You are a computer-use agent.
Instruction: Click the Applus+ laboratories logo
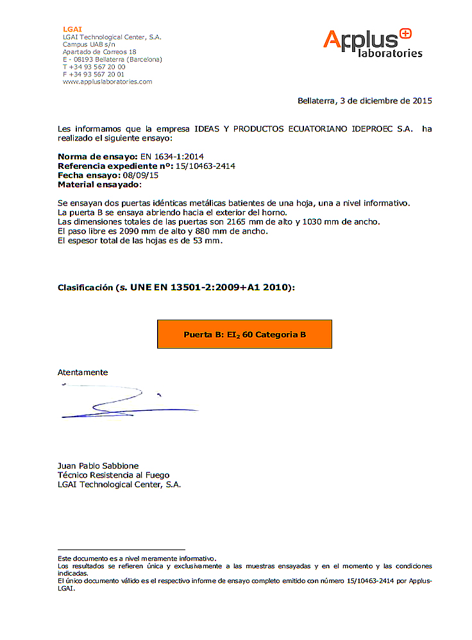point(372,43)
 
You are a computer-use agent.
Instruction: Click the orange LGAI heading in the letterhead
point(72,30)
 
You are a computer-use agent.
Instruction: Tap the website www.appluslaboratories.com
point(107,82)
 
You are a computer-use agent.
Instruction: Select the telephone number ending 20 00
point(94,67)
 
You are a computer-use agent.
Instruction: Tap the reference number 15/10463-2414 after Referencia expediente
point(205,166)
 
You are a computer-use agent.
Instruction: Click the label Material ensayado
point(98,184)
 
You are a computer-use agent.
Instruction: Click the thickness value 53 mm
point(206,240)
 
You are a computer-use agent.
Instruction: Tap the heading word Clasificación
point(86,288)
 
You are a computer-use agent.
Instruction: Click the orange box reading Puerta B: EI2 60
point(244,334)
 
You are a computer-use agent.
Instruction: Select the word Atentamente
point(83,372)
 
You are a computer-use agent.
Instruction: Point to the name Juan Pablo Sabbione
point(98,465)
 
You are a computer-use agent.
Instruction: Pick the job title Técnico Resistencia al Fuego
point(114,475)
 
